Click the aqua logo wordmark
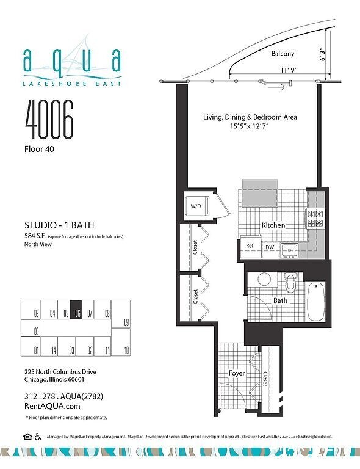[x=71, y=60]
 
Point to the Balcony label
[x=283, y=54]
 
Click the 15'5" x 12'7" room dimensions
[x=250, y=126]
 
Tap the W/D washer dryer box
[x=196, y=206]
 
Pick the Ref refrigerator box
[x=249, y=246]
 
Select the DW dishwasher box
[x=269, y=247]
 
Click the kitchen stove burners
[x=315, y=219]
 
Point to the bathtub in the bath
[x=316, y=301]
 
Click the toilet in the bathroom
[x=290, y=283]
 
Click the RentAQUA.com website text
[x=52, y=405]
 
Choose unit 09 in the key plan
[x=126, y=322]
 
